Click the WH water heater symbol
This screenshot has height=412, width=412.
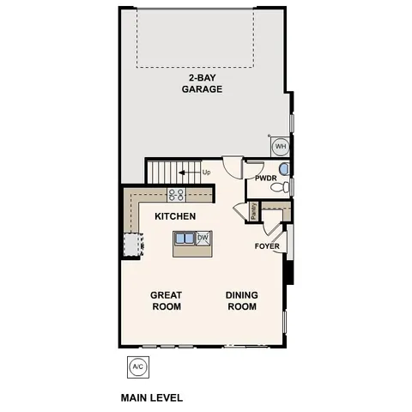pos(280,147)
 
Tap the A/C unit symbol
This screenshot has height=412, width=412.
pos(137,367)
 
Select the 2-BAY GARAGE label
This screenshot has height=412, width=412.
pos(196,83)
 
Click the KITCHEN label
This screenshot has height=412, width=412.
pos(175,216)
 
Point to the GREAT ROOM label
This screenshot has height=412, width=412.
pos(166,300)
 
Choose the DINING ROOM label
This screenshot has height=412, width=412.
pos(241,300)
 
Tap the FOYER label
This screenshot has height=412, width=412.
pos(267,247)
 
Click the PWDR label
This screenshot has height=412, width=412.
pos(265,179)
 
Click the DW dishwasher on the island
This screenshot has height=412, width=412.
pos(203,239)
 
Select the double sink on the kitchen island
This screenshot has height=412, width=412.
pos(185,239)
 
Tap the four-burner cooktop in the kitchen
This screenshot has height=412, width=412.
pos(177,195)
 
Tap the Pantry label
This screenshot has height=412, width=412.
pos(254,210)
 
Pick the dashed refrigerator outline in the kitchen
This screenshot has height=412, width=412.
pos(130,245)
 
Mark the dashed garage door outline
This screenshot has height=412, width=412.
pos(197,39)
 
